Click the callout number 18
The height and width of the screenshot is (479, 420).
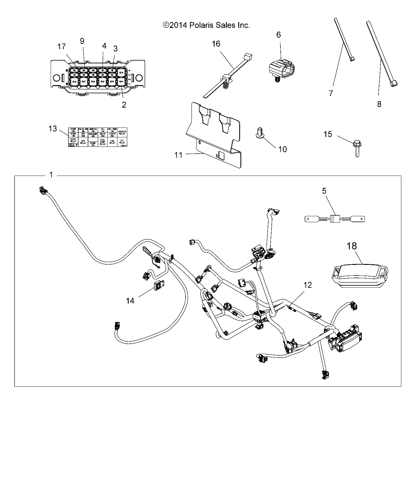pyautogui.click(x=352, y=246)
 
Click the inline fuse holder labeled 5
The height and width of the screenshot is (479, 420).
pyautogui.click(x=335, y=219)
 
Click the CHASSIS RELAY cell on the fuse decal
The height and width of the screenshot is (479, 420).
pyautogui.click(x=122, y=132)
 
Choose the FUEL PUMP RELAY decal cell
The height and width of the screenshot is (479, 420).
pyautogui.click(x=102, y=141)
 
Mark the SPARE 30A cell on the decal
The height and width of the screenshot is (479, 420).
pyautogui.click(x=93, y=144)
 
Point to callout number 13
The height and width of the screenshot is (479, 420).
pyautogui.click(x=52, y=129)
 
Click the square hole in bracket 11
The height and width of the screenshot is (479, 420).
pyautogui.click(x=221, y=155)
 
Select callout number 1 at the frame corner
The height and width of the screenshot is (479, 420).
pyautogui.click(x=51, y=175)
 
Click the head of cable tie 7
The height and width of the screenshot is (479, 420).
pyautogui.click(x=352, y=59)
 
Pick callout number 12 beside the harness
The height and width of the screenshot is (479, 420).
pyautogui.click(x=308, y=285)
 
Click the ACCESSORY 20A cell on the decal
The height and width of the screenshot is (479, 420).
pyautogui.click(x=93, y=135)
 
